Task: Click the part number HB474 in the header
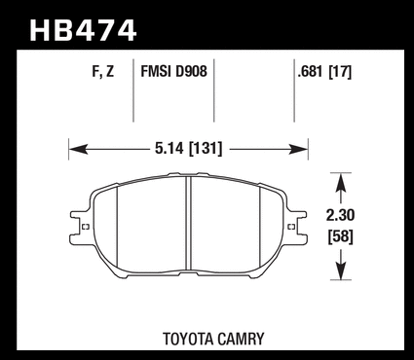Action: tap(83, 30)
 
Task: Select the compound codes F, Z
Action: tap(103, 71)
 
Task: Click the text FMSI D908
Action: tap(173, 71)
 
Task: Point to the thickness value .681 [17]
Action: tap(324, 72)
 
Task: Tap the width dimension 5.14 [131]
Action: tap(189, 149)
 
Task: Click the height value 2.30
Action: tap(340, 215)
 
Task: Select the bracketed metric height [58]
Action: tap(341, 236)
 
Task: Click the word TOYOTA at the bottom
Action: tap(187, 339)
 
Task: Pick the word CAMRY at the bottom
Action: tap(241, 339)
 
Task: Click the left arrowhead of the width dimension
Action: tap(78, 149)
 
